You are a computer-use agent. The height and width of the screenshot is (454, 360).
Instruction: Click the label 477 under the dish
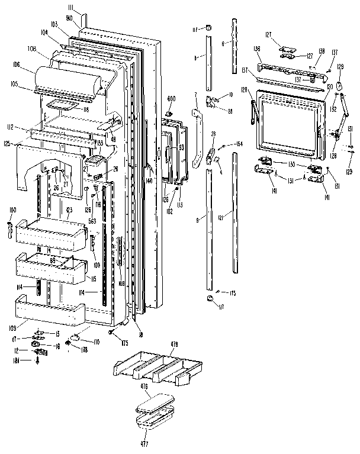point(144,442)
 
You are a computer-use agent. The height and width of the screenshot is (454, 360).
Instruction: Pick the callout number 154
point(239,144)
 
